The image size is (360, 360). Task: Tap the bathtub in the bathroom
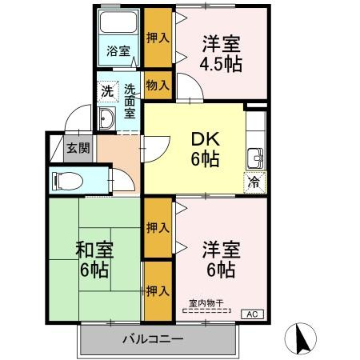tap(120, 25)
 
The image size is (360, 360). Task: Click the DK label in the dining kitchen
tap(206, 138)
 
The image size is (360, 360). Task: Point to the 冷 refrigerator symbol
tap(255, 181)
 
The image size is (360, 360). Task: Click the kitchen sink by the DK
tap(256, 155)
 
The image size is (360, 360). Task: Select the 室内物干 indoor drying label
tap(206, 302)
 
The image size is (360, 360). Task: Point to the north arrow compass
tap(303, 338)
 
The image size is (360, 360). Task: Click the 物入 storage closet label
tap(158, 84)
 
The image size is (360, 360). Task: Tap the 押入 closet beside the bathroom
tap(158, 37)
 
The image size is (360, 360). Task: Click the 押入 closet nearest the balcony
tap(158, 290)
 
